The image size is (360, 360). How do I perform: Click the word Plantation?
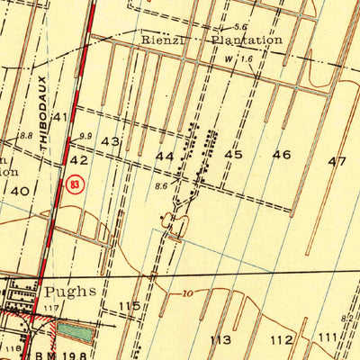[x=246, y=40]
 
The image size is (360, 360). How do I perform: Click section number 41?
[x=61, y=117]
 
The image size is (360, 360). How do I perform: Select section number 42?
[x=79, y=158]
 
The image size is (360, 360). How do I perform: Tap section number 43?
[x=111, y=142]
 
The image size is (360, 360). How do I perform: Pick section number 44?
[x=165, y=156]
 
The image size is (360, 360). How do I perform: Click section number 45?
[x=234, y=155]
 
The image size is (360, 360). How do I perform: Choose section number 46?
[x=282, y=155]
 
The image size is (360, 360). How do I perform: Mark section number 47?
[x=337, y=161]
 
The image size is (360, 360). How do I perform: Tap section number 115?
[x=129, y=307]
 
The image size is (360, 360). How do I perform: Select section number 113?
[x=220, y=339]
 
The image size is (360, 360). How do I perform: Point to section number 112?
[x=283, y=339]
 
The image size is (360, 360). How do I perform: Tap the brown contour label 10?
[x=187, y=294]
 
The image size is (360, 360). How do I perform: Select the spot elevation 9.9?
[x=85, y=136]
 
